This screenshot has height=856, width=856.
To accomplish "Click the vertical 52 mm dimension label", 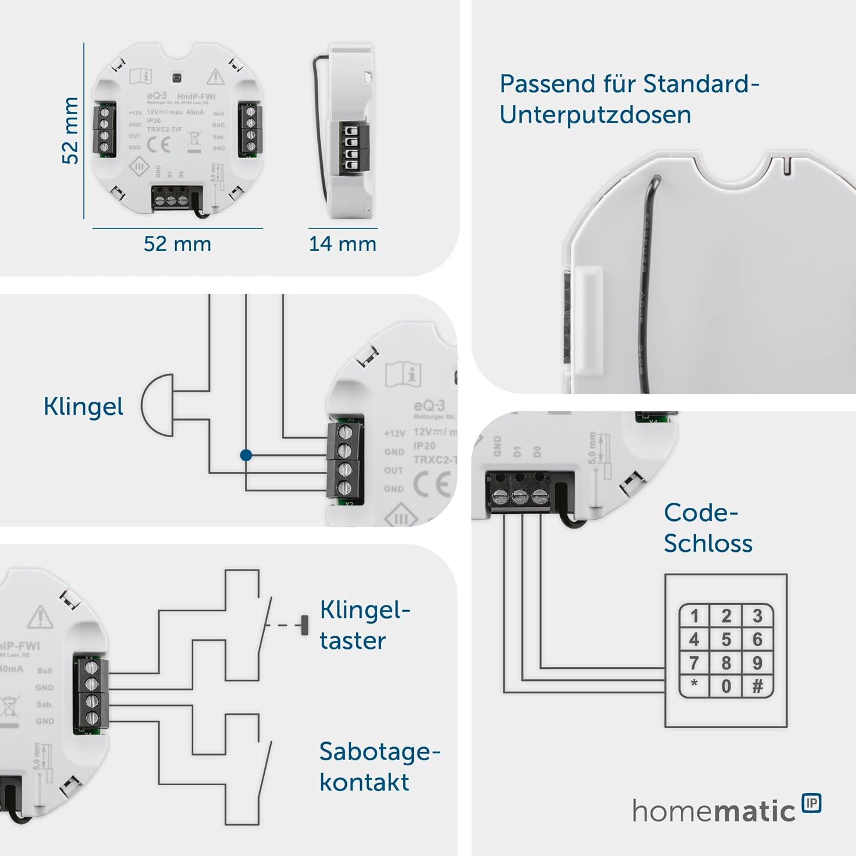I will [70, 131].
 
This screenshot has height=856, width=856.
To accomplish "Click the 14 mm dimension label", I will [342, 244].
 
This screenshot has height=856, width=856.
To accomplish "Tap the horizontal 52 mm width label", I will [177, 244].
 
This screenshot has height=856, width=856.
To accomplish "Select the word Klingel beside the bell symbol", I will [83, 407].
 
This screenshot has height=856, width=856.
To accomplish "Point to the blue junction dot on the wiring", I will [246, 455].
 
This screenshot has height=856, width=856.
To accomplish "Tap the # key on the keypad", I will [757, 686].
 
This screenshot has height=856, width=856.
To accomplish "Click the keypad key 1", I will [694, 616].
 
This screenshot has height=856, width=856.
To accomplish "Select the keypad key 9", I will [757, 663].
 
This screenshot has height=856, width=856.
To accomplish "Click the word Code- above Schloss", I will [701, 512].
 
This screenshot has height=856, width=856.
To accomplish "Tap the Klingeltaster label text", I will [364, 625].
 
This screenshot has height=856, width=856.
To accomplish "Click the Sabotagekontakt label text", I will [379, 766].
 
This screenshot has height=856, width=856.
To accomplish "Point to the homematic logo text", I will [713, 811].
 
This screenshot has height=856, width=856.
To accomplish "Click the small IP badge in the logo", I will [811, 803].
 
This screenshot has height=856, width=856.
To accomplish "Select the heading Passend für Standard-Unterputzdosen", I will [629, 99].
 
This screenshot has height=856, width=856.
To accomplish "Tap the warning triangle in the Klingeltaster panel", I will [41, 617].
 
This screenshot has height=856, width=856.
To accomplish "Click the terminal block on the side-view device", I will [353, 147].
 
